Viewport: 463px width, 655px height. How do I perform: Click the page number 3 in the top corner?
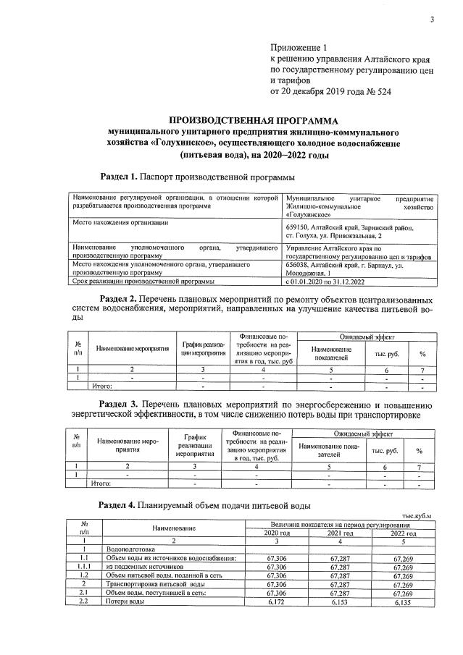coord(432,20)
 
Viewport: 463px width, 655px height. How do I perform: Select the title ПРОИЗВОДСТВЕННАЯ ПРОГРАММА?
coord(253,120)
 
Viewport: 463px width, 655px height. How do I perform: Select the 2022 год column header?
coord(403,533)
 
